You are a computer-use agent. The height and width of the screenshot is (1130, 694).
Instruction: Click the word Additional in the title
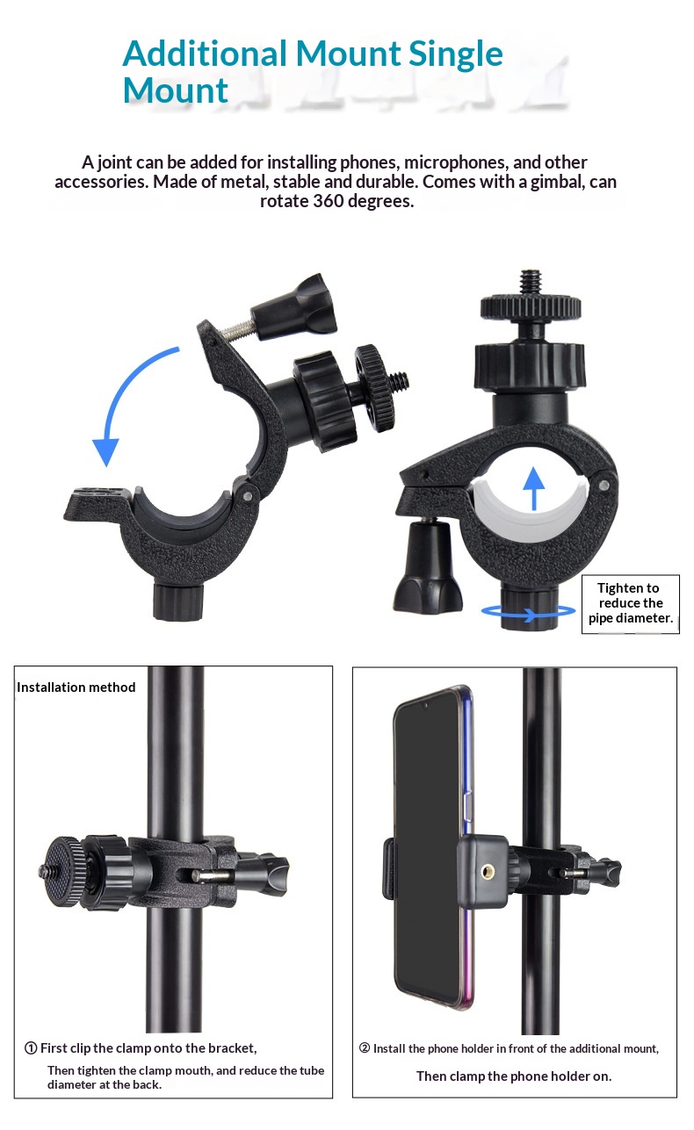pyautogui.click(x=205, y=53)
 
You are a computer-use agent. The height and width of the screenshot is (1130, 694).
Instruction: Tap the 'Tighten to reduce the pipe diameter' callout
pyautogui.click(x=631, y=603)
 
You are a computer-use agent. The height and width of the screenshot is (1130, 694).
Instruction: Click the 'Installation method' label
pyautogui.click(x=76, y=687)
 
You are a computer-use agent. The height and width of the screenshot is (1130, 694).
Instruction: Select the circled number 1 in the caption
pyautogui.click(x=31, y=1048)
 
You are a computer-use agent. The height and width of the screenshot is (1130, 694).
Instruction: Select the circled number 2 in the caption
pyautogui.click(x=365, y=1048)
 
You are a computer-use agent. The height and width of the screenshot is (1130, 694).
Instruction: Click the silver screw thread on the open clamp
pyautogui.click(x=240, y=330)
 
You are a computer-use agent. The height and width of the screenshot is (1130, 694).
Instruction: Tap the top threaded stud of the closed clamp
pyautogui.click(x=530, y=283)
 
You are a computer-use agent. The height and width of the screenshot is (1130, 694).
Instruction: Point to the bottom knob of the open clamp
pyautogui.click(x=177, y=601)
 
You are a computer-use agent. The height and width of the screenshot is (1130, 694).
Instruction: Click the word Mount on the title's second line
pyautogui.click(x=175, y=90)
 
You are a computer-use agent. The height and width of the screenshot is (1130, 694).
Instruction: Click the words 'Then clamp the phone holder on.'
pyautogui.click(x=514, y=1076)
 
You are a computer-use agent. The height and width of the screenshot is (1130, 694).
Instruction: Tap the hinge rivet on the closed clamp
pyautogui.click(x=604, y=486)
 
